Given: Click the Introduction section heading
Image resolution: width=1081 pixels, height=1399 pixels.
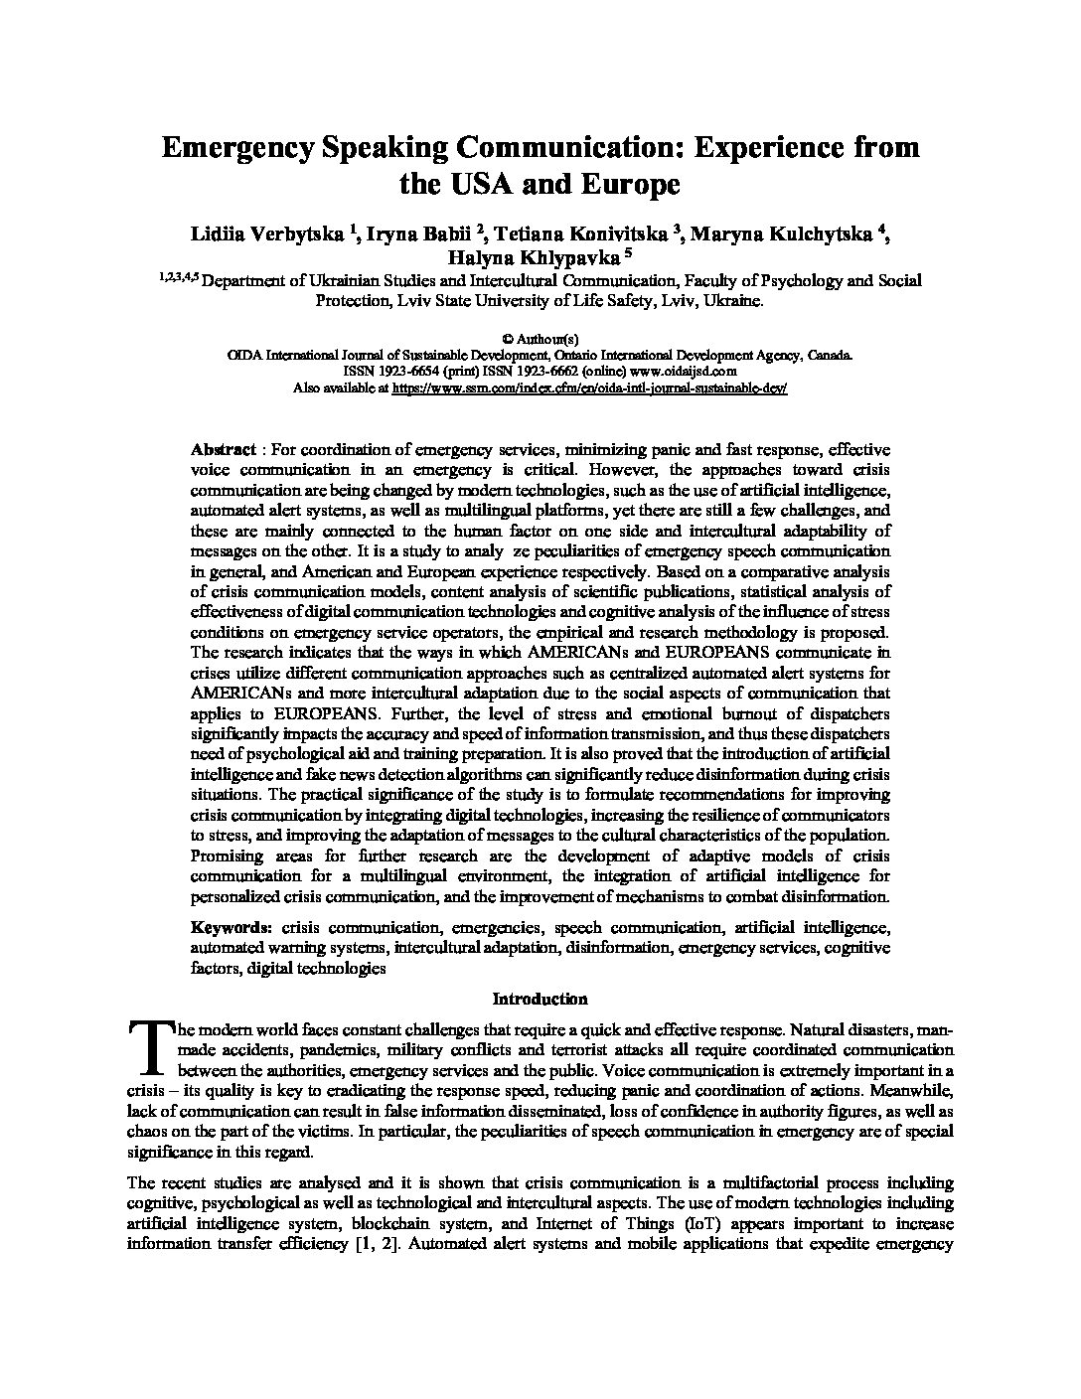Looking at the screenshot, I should tap(540, 999).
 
